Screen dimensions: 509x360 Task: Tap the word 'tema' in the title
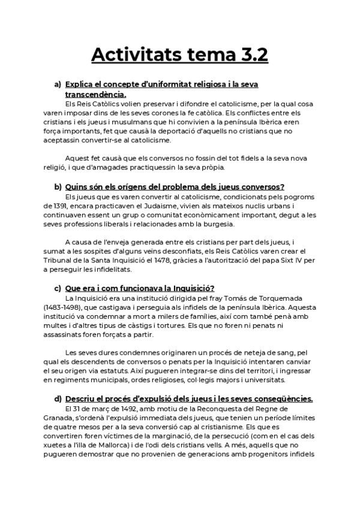click(197, 55)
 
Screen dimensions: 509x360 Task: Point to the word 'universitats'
click(259, 380)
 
